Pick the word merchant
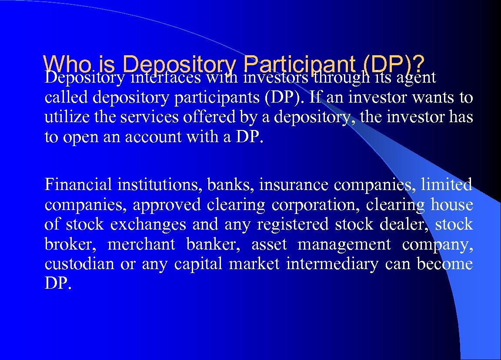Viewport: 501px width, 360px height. pyautogui.click(x=141, y=244)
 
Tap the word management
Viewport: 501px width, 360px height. pyautogui.click(x=344, y=245)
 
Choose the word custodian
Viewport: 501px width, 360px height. pyautogui.click(x=79, y=264)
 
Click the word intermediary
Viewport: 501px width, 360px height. pyautogui.click(x=332, y=264)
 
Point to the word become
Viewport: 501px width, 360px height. pyautogui.click(x=444, y=264)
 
